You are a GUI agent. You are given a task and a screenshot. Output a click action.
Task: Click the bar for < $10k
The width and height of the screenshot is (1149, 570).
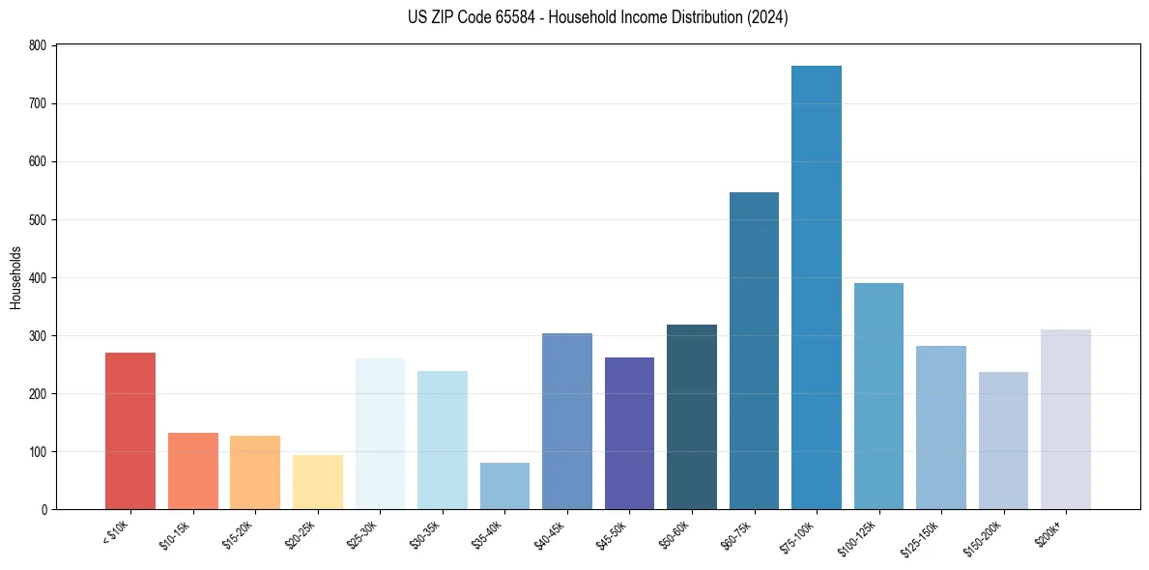coord(130,431)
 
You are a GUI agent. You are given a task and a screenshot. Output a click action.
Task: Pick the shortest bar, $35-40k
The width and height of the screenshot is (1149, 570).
coord(504,486)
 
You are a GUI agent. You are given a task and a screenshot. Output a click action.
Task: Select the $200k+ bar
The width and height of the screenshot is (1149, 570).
coord(1066,419)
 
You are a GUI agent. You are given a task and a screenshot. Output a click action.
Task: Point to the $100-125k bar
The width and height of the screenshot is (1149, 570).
coord(878,396)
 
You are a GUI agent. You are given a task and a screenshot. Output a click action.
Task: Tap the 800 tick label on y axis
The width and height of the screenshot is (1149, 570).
coord(38,45)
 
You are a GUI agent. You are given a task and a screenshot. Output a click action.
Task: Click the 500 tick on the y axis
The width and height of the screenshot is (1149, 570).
coord(38,219)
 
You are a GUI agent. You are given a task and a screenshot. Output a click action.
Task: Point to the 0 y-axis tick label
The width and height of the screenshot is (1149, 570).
coord(43,509)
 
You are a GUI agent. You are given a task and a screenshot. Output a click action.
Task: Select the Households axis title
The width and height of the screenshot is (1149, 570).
coord(15,277)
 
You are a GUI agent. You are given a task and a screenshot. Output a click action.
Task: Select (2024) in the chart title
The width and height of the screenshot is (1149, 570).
coord(766,17)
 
